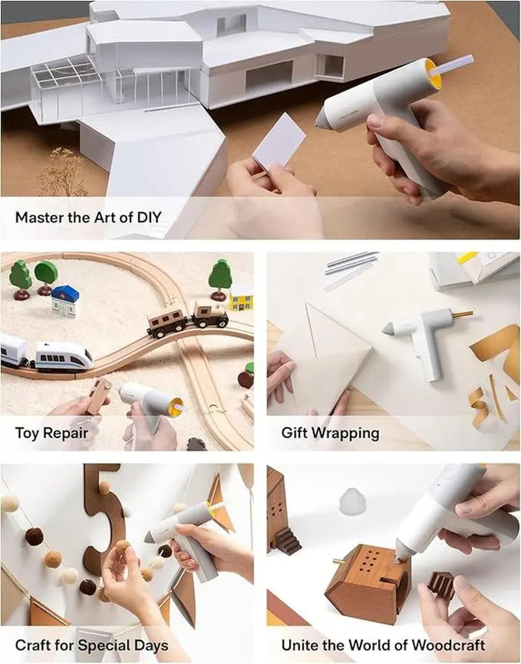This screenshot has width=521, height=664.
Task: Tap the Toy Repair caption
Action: [52, 432]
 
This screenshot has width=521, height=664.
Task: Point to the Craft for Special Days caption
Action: [91, 645]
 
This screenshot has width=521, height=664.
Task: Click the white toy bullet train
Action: [62, 355]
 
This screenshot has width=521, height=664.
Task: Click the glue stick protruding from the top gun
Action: [456, 65]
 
